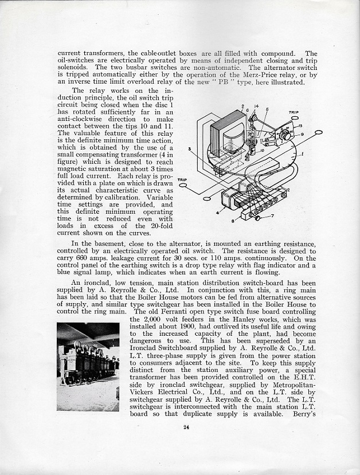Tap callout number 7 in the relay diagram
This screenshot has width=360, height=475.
click(273, 215)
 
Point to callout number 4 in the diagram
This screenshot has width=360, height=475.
click(217, 213)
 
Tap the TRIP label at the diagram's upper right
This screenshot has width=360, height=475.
click(294, 113)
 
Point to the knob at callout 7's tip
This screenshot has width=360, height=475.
click(258, 218)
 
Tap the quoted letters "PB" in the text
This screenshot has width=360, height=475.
click(223, 82)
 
